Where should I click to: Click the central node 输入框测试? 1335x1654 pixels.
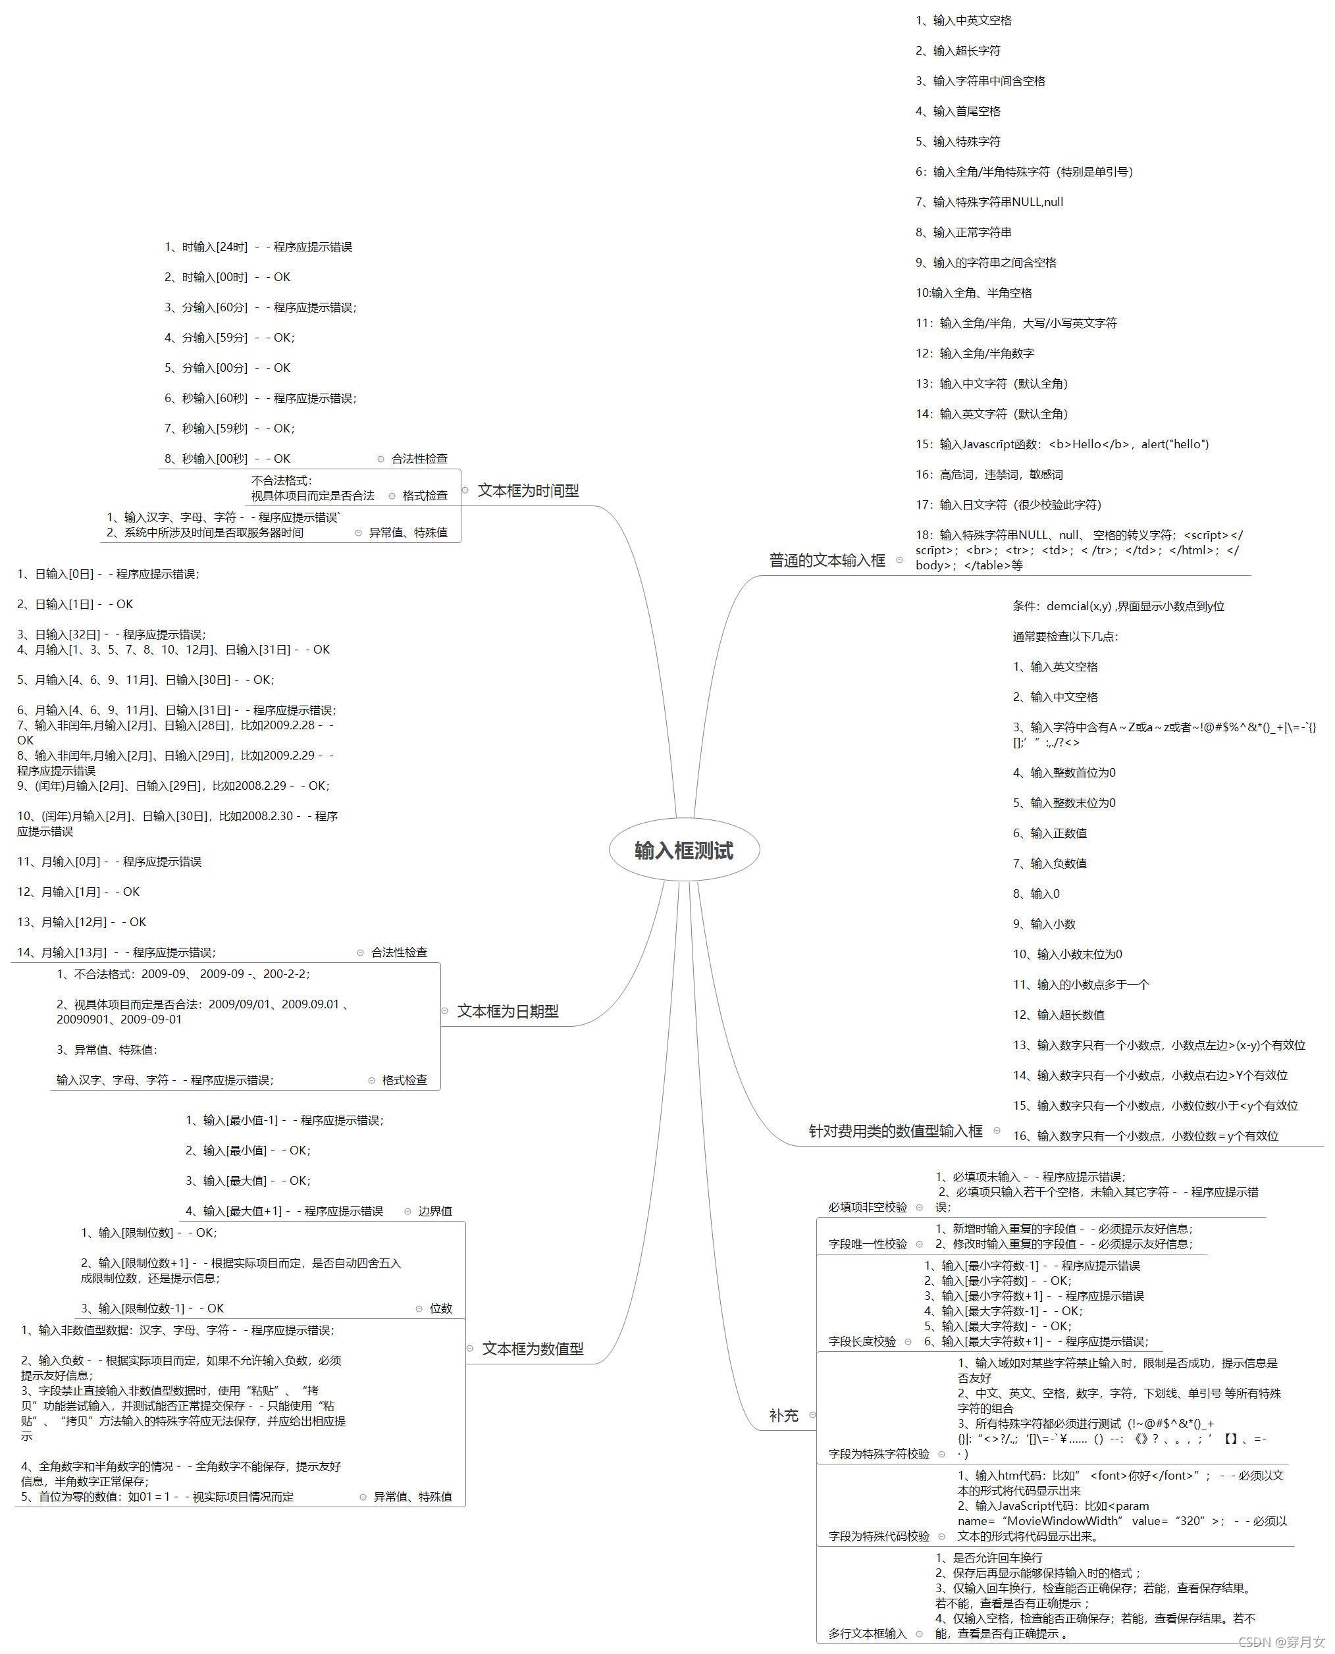pos(684,850)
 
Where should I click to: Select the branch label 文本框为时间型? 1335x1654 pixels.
pos(529,490)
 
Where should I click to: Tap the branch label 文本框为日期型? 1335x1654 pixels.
pos(508,1011)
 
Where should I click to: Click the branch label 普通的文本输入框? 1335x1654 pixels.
pos(827,560)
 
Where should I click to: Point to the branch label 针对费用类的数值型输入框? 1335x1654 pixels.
pos(895,1130)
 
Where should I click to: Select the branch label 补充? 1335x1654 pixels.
pos(783,1415)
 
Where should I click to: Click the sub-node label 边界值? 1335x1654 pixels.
pos(434,1211)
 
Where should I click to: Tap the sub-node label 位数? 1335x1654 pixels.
pos(440,1308)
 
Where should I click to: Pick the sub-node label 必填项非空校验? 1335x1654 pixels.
pos(868,1207)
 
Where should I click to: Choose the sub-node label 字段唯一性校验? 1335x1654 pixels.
pos(868,1244)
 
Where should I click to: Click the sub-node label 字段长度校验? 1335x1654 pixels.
pos(862,1341)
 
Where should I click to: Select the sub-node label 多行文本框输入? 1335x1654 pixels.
pos(868,1633)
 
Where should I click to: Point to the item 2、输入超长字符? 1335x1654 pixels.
pos(957,51)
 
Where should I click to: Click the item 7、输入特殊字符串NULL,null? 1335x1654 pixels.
pos(989,201)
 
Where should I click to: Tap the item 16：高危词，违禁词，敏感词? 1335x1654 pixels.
pos(989,475)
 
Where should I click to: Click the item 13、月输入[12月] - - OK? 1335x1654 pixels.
pos(82,922)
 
